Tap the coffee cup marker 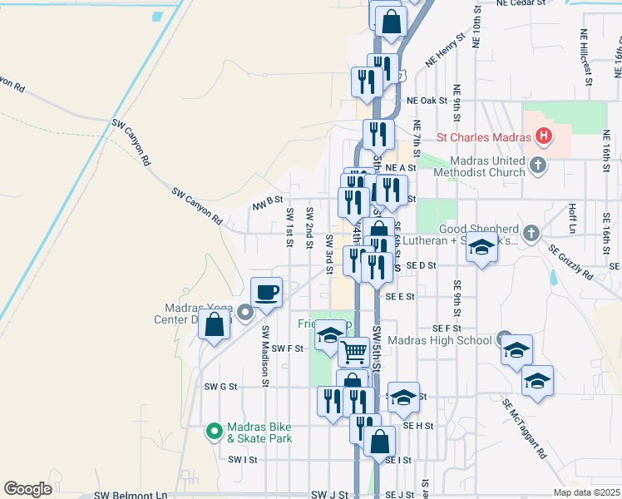266,293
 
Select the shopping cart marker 354,352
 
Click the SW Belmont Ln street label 131,495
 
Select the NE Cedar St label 526,3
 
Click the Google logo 27,489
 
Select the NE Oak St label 427,101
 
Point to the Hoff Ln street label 573,219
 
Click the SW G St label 220,387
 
